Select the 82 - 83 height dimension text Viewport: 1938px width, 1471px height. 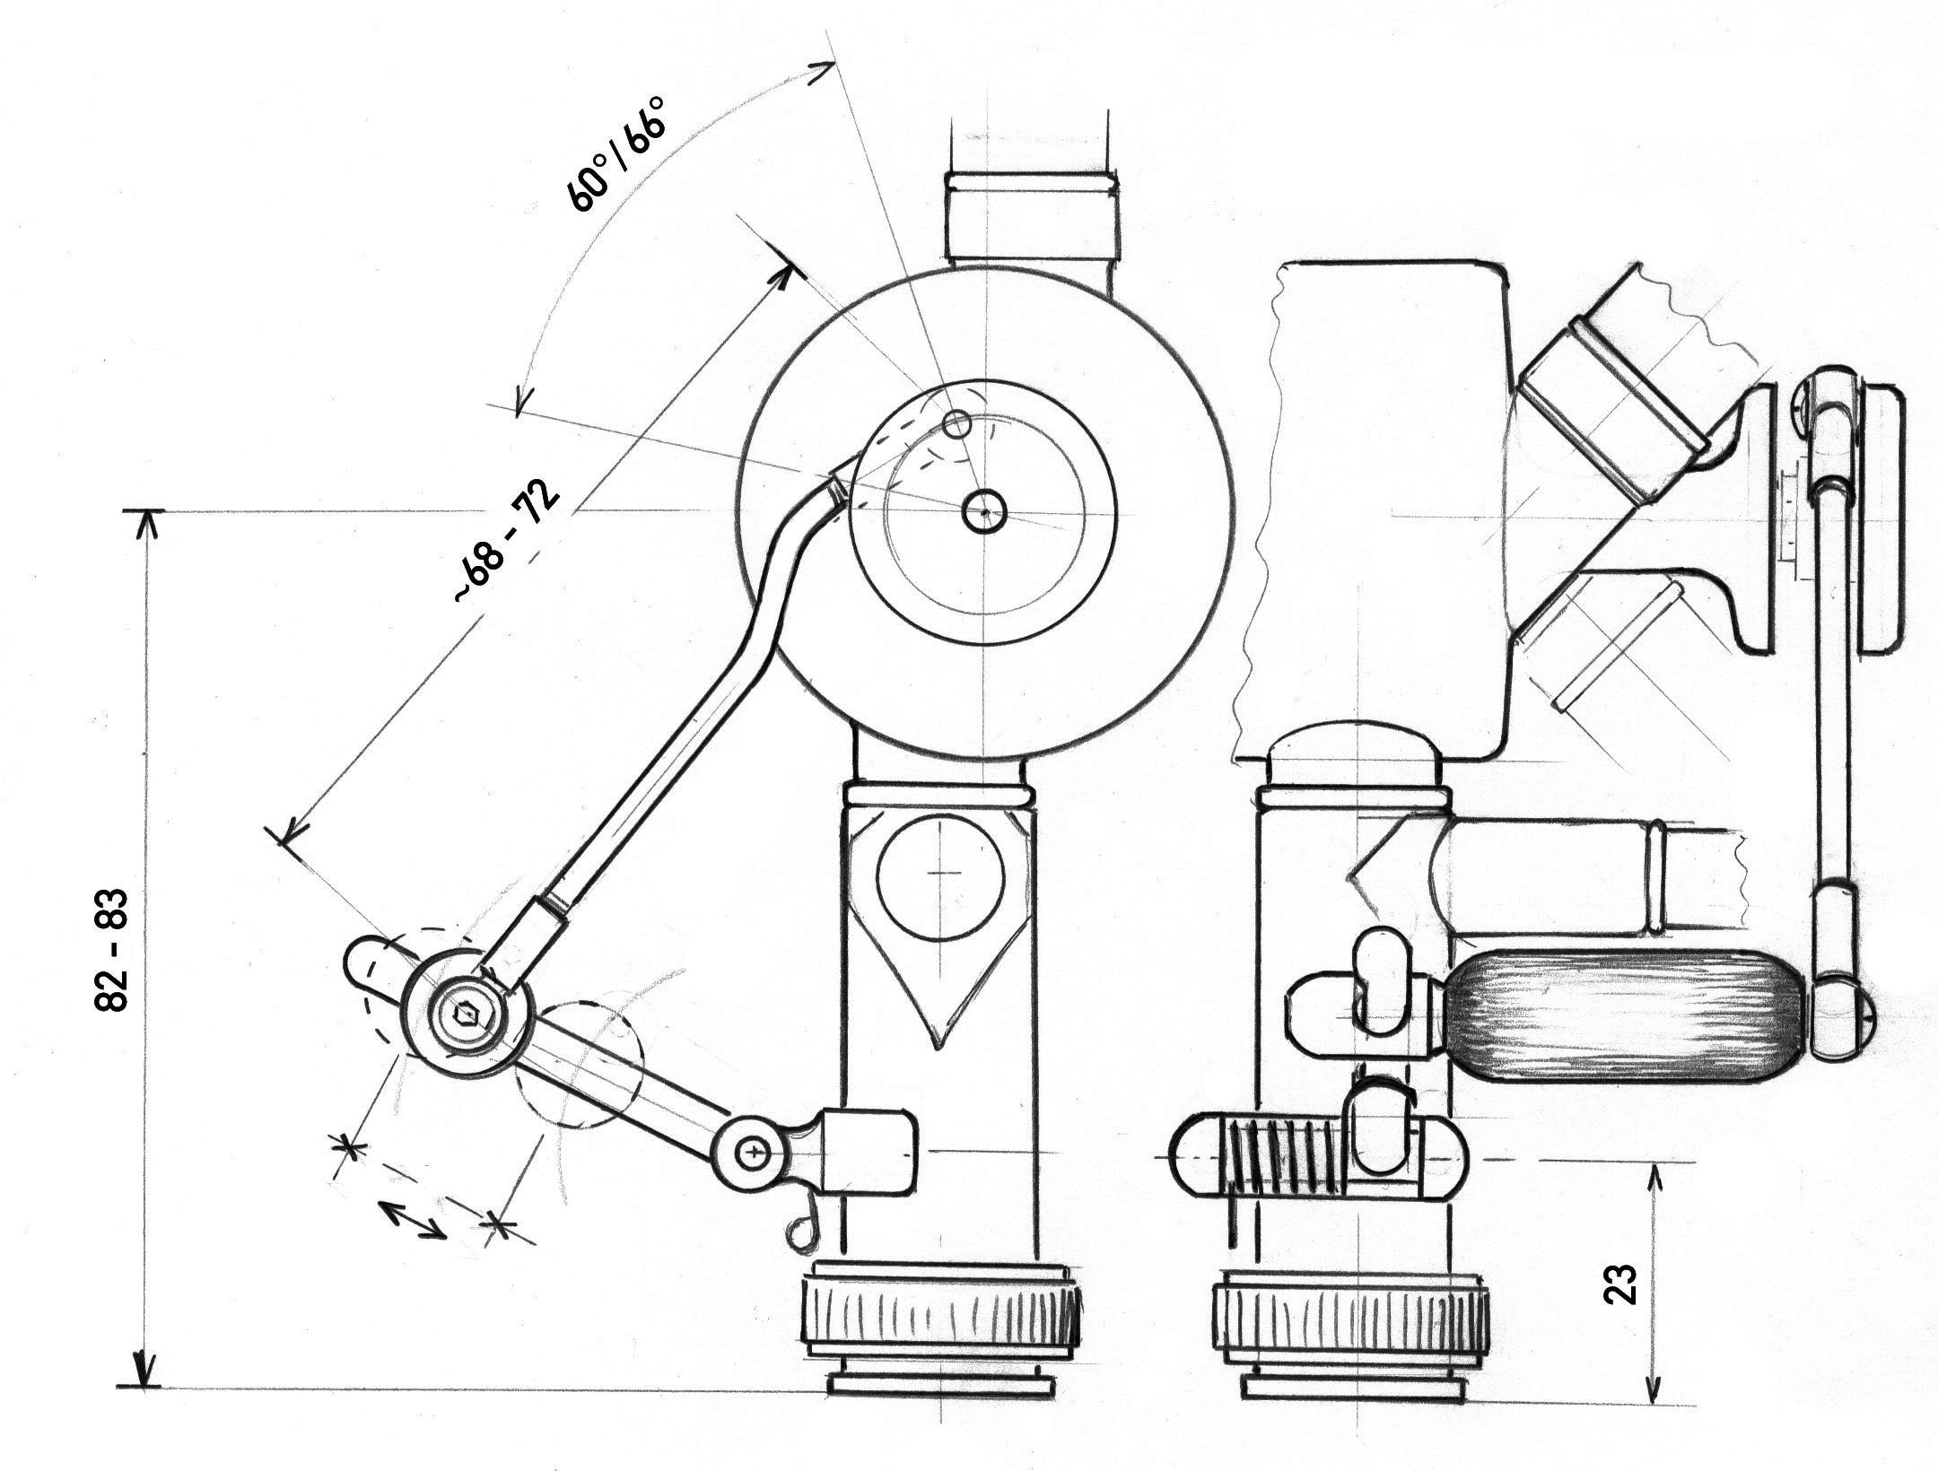pos(113,951)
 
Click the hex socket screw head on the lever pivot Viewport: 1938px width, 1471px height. pos(466,1014)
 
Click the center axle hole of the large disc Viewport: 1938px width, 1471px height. pos(984,512)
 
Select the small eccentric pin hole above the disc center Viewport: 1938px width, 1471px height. pos(958,423)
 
